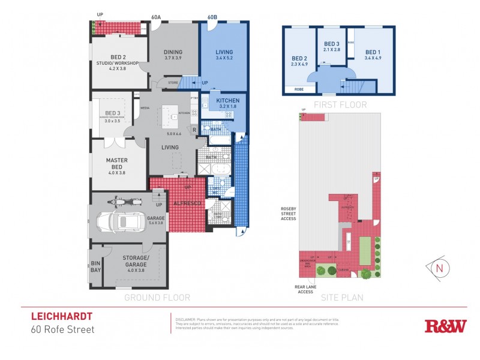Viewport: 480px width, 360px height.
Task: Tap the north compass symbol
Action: [x=440, y=266]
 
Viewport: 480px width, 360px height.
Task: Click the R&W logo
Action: [x=445, y=326]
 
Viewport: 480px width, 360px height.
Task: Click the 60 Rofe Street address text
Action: [x=62, y=329]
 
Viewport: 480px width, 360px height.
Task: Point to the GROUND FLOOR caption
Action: [x=157, y=298]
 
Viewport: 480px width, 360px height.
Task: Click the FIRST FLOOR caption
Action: [x=338, y=104]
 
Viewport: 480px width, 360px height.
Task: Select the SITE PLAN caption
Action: [x=338, y=298]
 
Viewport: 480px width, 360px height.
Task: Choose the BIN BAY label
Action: [x=96, y=266]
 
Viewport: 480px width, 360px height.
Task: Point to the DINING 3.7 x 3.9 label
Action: [x=173, y=55]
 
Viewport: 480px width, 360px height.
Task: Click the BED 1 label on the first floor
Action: [x=373, y=55]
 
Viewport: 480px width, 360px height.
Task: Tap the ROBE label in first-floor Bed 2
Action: [x=298, y=89]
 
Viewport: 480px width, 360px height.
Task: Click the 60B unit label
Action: [x=212, y=17]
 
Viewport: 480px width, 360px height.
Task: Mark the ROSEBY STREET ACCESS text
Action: [x=289, y=214]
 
